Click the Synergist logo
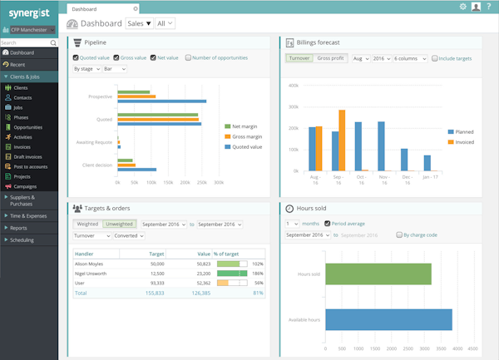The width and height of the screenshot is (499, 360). coord(28,14)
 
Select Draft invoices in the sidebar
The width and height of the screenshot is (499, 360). coord(29,157)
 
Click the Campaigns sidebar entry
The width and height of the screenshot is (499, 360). coord(25,186)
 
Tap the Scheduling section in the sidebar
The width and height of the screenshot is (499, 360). coord(22,239)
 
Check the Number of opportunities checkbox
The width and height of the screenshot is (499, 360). coord(189,58)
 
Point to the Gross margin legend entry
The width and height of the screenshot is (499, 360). coord(246,136)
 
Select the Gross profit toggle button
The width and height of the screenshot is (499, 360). coord(330,59)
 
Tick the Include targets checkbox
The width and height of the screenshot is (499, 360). coord(434,59)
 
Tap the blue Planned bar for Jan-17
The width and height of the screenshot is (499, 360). coord(427,163)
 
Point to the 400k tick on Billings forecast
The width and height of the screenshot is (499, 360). coord(294,85)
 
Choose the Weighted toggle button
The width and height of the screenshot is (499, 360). coord(87,224)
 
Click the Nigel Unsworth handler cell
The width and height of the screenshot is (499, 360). coord(91,273)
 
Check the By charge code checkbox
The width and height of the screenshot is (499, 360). coord(399,235)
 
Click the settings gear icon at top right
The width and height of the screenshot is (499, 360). coord(462,7)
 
